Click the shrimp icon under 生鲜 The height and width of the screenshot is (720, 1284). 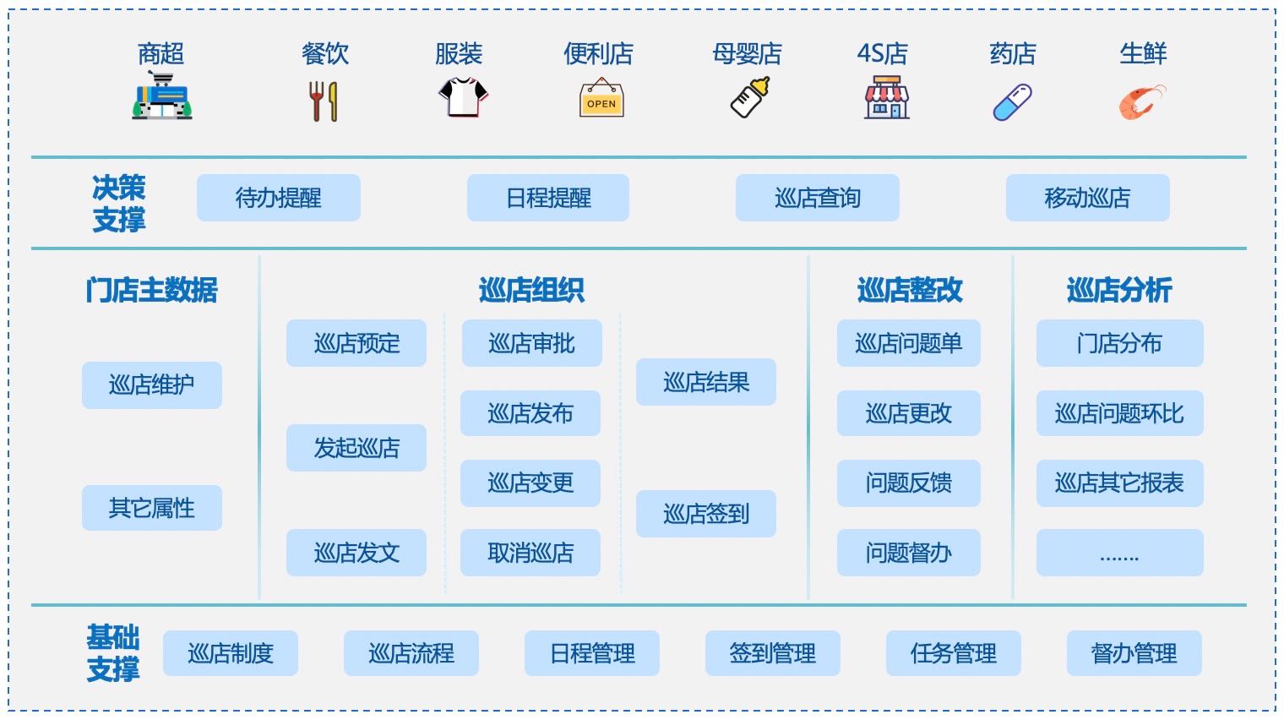[x=1142, y=102]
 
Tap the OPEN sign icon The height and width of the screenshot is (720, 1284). [x=601, y=97]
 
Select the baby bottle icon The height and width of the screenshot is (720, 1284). [x=750, y=97]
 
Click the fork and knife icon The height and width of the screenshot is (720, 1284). [x=324, y=101]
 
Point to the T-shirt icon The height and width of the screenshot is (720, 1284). [x=463, y=97]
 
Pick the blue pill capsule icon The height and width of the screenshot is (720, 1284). [x=1012, y=102]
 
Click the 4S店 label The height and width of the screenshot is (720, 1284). [x=882, y=54]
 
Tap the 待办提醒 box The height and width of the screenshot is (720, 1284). [x=279, y=198]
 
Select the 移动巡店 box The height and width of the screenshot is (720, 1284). [x=1087, y=198]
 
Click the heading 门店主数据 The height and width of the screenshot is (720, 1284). [x=152, y=290]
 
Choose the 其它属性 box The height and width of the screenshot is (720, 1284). [x=152, y=508]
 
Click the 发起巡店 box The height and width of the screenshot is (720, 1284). [x=356, y=448]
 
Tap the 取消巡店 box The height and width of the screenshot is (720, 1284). [x=530, y=553]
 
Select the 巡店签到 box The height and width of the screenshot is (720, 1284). [x=706, y=514]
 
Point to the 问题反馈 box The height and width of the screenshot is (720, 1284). [x=909, y=483]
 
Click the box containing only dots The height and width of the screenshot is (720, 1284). [x=1119, y=553]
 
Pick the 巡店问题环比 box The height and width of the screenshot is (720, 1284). [x=1119, y=412]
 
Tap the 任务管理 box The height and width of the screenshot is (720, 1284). [x=953, y=653]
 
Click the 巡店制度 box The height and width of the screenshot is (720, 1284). [x=231, y=653]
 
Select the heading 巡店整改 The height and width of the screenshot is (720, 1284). [x=910, y=290]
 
